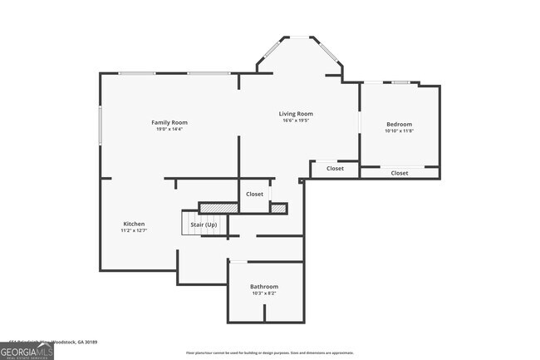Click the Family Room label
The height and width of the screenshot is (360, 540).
169,122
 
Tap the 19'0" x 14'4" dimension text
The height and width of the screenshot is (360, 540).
169,129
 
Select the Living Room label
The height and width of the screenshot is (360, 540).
295,114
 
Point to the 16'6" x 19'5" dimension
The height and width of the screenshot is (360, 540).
295,121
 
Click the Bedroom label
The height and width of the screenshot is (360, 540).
399,124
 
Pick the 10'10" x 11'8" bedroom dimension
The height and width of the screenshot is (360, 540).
399,131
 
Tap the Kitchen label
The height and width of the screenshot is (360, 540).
135,224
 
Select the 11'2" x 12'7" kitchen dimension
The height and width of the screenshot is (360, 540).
135,230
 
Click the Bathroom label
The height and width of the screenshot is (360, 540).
264,287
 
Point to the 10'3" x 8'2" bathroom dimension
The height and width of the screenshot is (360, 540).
264,293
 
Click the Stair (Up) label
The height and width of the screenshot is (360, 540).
204,224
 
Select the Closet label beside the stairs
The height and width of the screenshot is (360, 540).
254,194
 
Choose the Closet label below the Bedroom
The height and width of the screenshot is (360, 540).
400,173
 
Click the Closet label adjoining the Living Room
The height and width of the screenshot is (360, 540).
335,169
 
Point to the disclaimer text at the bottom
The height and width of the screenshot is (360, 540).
270,353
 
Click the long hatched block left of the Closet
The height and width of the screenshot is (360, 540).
218,207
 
